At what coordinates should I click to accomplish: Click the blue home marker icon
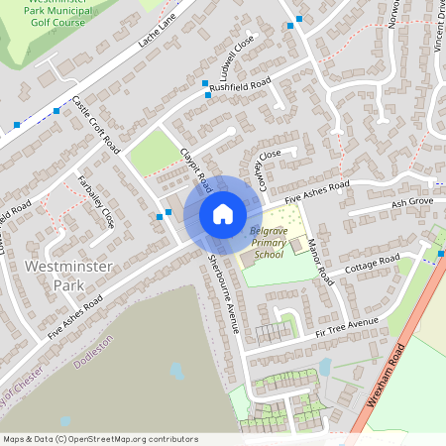coord(222,214)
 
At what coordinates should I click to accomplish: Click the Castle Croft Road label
coord(96,124)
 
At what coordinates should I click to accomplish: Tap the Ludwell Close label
coord(239,56)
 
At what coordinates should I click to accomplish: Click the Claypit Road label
coord(197,169)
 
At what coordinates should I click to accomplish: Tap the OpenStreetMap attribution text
coord(100,439)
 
